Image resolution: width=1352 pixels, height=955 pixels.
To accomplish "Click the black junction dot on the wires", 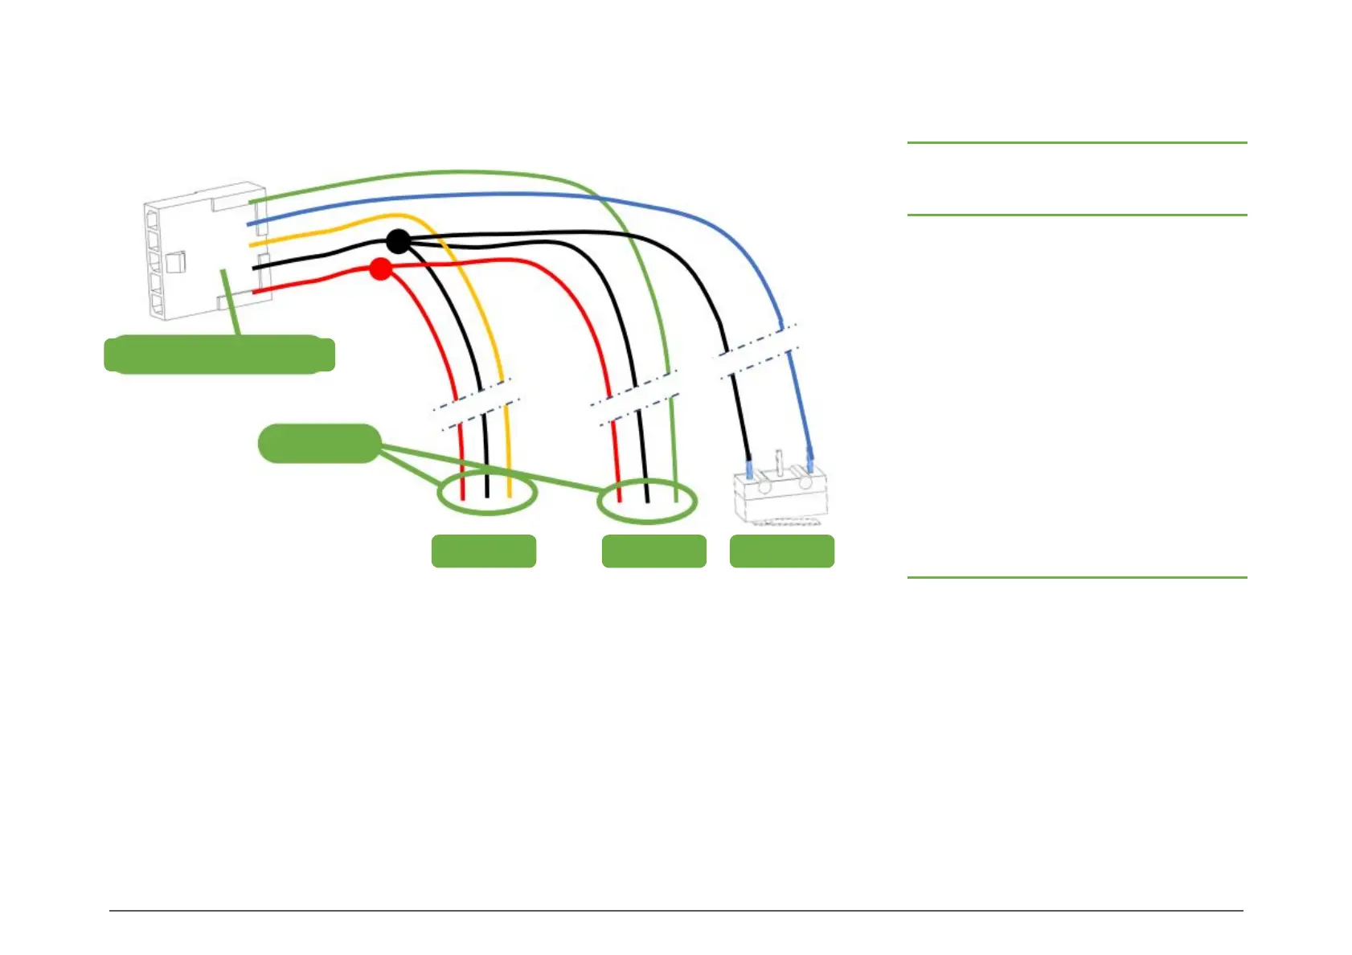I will click(398, 240).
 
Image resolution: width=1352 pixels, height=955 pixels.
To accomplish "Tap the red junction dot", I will click(381, 268).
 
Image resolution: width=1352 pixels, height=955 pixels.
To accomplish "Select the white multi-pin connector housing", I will click(206, 251).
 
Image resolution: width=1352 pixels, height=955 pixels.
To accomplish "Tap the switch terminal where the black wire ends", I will click(750, 469).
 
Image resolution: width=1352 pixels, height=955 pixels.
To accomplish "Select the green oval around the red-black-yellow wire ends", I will click(487, 493).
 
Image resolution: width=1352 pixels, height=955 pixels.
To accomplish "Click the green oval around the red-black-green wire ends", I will click(647, 501).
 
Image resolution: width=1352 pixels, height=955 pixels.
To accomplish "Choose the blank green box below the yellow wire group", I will click(484, 551).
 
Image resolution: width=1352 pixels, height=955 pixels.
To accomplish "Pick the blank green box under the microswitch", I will click(781, 551).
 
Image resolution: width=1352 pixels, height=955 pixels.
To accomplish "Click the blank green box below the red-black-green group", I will click(653, 551).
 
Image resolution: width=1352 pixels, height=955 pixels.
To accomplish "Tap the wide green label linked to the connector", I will click(219, 355).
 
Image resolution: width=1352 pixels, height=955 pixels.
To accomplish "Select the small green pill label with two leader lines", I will click(319, 444).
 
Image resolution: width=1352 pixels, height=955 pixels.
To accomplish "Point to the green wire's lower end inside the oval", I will click(676, 497).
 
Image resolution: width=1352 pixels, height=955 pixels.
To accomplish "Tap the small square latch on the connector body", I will click(176, 261).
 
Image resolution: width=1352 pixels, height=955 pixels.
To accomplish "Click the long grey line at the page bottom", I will click(675, 911).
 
